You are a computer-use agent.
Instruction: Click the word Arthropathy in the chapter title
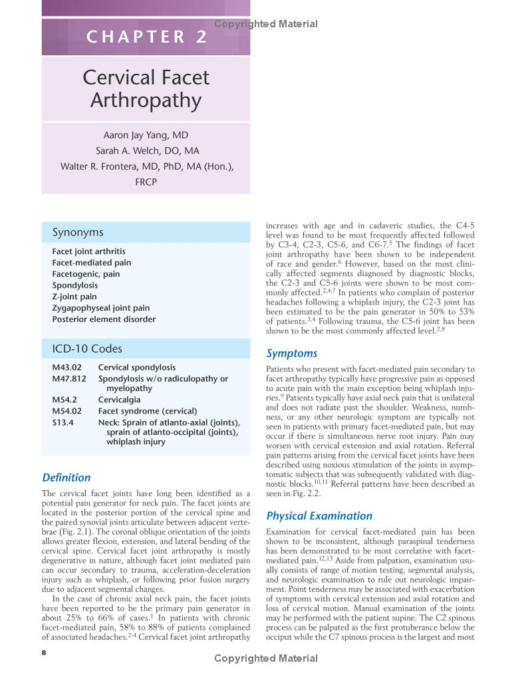146,101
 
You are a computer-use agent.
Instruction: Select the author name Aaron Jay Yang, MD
146,135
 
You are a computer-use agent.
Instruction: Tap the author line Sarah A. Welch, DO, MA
147,151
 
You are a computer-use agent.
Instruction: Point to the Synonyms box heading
78,232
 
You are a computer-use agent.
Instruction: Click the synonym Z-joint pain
74,297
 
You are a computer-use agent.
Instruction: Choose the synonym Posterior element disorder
104,319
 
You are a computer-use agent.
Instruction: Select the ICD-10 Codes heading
87,348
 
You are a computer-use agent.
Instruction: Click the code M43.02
66,367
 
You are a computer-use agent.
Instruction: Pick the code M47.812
69,378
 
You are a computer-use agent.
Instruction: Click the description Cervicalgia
120,400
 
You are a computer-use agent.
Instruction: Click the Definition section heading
66,477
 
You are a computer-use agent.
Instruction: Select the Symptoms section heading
291,353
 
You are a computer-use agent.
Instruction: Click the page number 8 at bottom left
44,652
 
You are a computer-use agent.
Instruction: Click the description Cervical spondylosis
136,367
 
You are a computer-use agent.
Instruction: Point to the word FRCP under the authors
146,182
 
